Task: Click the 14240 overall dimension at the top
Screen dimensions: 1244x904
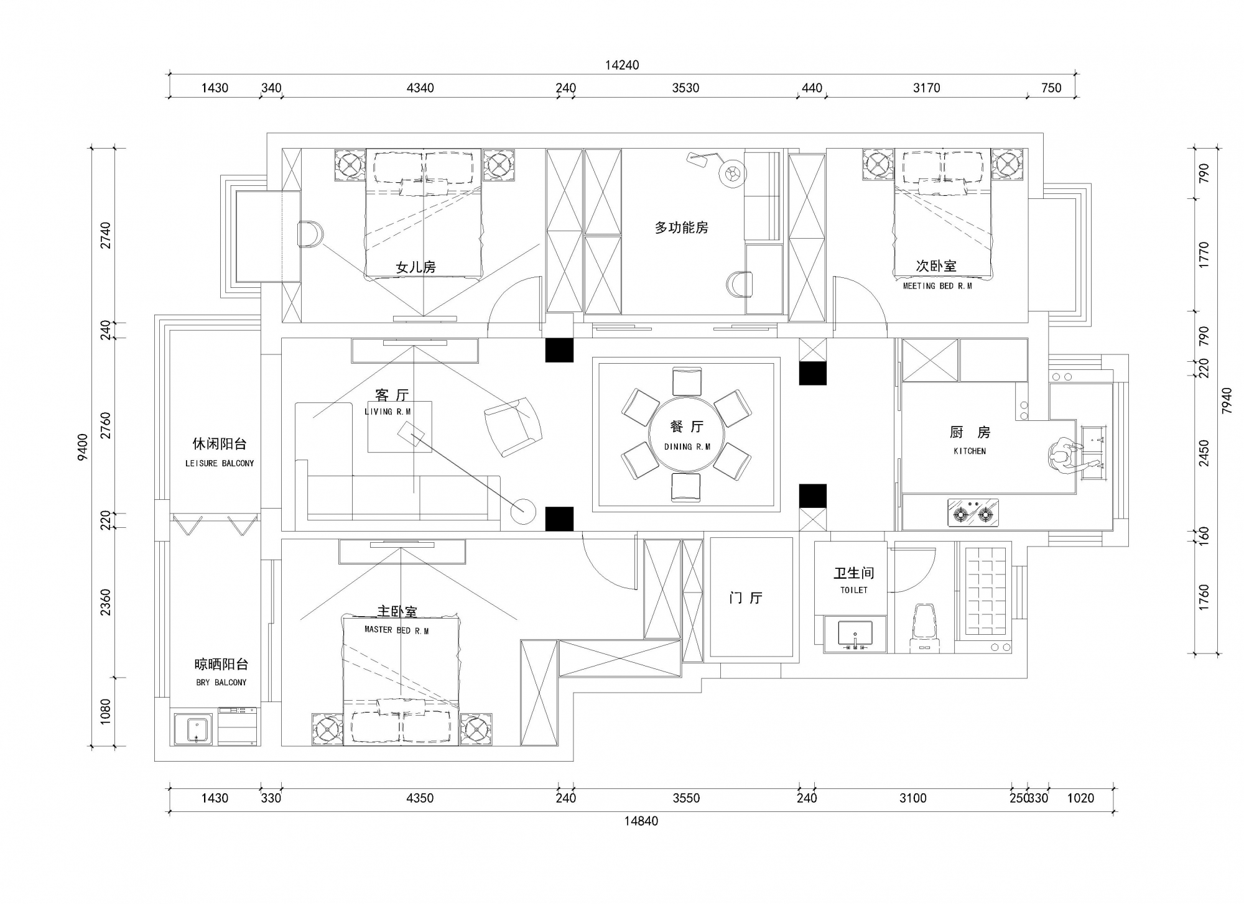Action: click(622, 65)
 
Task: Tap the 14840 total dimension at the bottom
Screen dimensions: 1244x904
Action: click(641, 821)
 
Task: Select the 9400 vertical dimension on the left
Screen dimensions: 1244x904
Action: click(83, 447)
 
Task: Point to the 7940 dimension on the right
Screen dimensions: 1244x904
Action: click(1226, 401)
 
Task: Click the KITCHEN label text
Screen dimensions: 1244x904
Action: click(970, 451)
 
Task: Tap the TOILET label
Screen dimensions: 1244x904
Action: click(853, 589)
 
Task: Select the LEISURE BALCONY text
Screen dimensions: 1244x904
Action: click(220, 463)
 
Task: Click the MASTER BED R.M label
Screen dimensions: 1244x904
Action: click(397, 630)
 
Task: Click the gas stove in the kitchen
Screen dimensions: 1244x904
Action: click(973, 512)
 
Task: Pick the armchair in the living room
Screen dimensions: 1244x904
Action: click(513, 427)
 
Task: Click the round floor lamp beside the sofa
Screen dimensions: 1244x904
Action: click(523, 511)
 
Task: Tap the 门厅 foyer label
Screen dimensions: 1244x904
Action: click(746, 598)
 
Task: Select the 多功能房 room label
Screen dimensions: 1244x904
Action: click(681, 228)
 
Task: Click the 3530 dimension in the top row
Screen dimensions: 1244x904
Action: click(685, 88)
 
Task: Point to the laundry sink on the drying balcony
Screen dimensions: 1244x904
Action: click(193, 729)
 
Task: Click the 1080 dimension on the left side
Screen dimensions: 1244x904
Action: click(105, 711)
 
